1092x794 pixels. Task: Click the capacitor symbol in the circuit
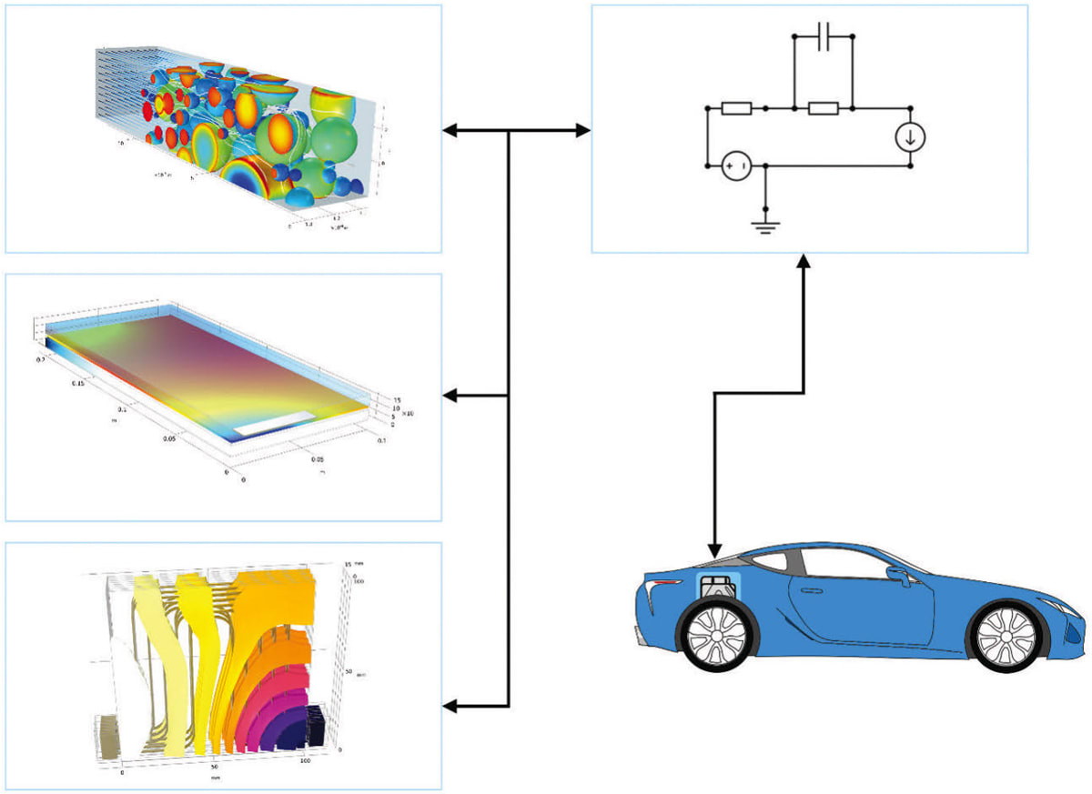tap(823, 38)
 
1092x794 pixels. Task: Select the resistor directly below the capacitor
tap(823, 109)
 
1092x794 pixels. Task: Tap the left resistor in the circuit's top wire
tap(735, 109)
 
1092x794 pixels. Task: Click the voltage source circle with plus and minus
tap(735, 166)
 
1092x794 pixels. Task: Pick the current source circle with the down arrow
tap(911, 137)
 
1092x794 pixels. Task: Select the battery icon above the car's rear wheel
tap(719, 588)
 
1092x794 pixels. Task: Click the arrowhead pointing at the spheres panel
tap(448, 132)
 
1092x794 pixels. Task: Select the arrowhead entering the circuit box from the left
tap(584, 132)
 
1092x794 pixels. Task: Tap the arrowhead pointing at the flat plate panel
tap(448, 396)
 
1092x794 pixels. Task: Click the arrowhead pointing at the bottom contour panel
tap(448, 706)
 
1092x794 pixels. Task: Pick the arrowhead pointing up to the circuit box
tap(804, 261)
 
